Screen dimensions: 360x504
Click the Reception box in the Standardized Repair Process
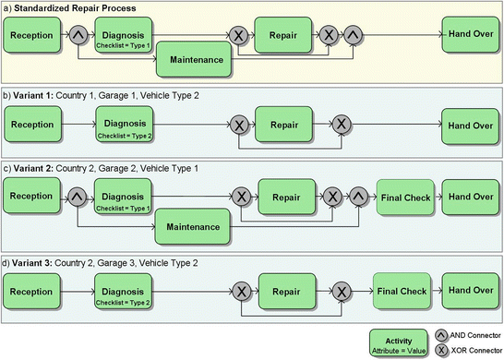33,38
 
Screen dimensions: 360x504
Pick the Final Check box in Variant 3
403,289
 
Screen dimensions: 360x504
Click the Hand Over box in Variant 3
468,289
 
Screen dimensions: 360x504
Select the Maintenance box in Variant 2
192,225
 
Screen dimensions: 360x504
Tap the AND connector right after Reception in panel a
78,38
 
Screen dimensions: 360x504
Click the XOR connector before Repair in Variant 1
239,124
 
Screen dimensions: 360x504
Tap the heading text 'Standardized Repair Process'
79,8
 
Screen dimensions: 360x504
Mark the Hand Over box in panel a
469,38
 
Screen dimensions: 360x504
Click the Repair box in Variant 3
283,289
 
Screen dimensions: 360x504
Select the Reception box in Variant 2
33,196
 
